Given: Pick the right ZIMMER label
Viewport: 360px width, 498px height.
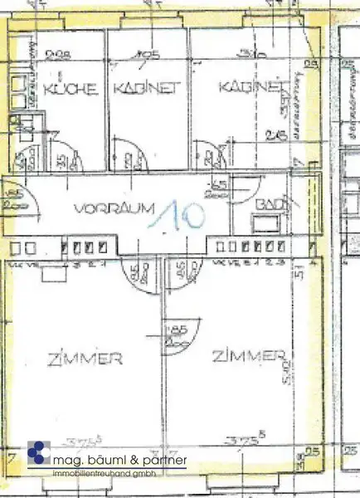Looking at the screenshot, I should click(x=246, y=357).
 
